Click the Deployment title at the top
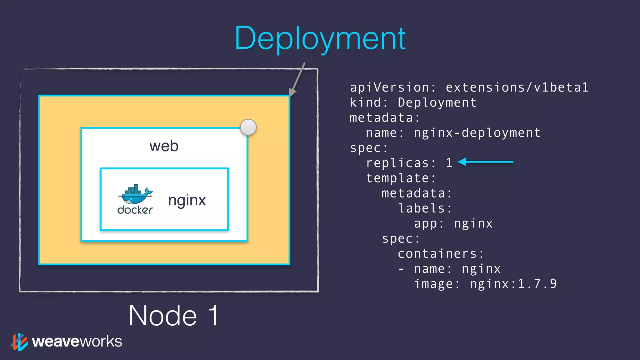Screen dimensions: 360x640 click(320, 38)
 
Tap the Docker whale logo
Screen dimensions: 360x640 click(135, 195)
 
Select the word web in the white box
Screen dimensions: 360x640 click(164, 146)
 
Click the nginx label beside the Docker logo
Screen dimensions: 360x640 click(187, 200)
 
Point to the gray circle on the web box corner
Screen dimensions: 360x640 click(248, 127)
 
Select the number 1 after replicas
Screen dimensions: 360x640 click(449, 163)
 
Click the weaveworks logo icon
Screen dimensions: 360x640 click(19, 342)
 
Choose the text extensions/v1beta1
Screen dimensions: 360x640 click(517, 87)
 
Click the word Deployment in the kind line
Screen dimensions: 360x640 click(437, 102)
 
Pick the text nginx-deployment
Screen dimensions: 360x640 click(477, 133)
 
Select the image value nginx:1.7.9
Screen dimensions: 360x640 click(513, 284)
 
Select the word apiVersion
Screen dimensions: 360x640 click(389, 87)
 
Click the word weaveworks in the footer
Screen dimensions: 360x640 click(77, 341)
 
